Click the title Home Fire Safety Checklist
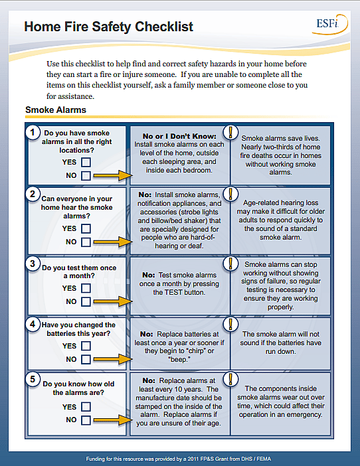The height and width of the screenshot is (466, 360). click(109, 27)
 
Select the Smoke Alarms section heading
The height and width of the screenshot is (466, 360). click(55, 110)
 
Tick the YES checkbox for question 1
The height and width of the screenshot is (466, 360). click(86, 162)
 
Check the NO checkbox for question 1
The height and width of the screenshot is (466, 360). click(86, 176)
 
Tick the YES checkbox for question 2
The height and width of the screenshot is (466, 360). click(86, 228)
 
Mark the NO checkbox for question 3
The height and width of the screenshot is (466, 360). click(86, 302)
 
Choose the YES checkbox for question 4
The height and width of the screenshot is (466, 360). click(86, 346)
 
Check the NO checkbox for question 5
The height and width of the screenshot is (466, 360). click(86, 420)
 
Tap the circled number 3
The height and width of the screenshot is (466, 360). click(32, 264)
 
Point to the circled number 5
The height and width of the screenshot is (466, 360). click(32, 380)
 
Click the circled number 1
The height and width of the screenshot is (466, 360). click(32, 132)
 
